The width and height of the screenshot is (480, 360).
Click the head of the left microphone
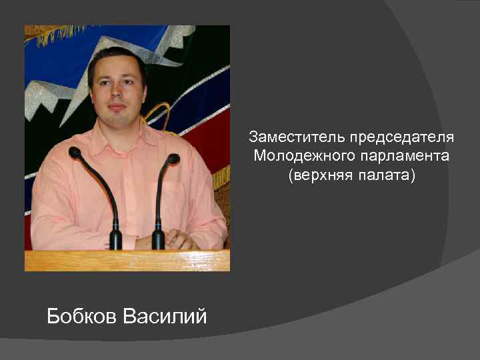75,153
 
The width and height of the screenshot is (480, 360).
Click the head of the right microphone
173,159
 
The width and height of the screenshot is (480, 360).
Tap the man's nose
117,92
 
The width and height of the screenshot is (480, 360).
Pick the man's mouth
117,107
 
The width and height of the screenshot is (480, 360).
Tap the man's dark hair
117,57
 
